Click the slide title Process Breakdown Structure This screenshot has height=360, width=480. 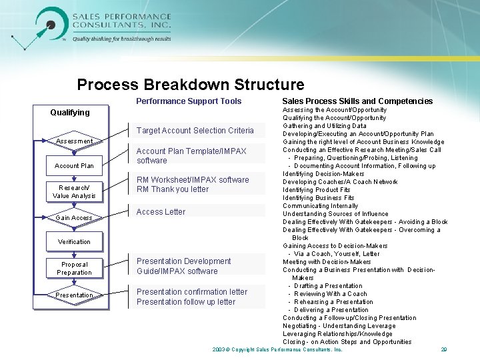191,85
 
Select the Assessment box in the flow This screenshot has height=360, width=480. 74,141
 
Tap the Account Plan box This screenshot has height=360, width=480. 74,165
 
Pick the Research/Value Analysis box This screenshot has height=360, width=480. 74,191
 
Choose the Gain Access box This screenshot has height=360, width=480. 74,217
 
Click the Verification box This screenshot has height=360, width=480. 74,241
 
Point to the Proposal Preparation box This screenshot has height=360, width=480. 74,268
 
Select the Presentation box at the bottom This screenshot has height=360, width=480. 74,295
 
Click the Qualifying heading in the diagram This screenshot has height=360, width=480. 70,113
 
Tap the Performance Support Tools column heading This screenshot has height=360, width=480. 189,101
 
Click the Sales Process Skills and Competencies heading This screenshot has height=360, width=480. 357,101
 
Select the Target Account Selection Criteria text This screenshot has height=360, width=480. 195,131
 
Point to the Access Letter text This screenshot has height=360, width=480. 161,212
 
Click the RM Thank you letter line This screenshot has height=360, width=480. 173,189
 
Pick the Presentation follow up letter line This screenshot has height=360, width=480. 186,302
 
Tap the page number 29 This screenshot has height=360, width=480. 443,349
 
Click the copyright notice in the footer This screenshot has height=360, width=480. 277,349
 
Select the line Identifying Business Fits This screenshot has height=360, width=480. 318,198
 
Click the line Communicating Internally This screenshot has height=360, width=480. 320,206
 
